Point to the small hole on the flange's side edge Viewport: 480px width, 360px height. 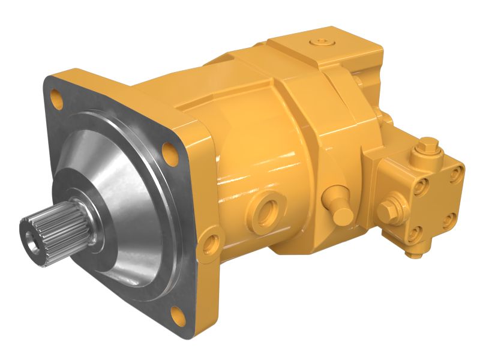coord(210,244)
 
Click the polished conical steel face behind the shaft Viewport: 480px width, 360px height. coord(120,180)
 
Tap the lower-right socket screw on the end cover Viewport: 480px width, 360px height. coord(448,221)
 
